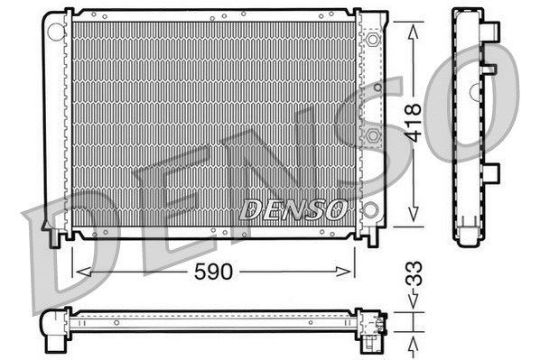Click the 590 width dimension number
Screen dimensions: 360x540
coord(214,270)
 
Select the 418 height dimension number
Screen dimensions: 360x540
coord(413,123)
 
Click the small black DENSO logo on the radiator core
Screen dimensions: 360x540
coord(293,210)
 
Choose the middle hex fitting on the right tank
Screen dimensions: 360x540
coord(372,134)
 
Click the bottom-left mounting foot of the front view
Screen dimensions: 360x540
coord(58,236)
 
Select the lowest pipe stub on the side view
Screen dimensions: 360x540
coord(490,172)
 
